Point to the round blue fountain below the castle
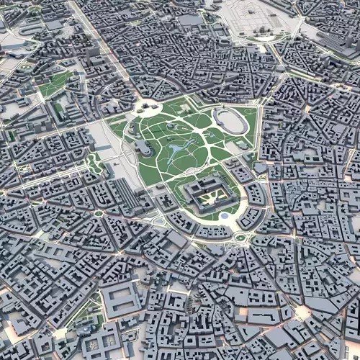coord(225,215)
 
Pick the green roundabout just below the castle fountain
coord(239,238)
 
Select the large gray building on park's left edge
coord(143,148)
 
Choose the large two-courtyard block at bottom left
coord(119,298)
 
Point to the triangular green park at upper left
coord(55,85)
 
